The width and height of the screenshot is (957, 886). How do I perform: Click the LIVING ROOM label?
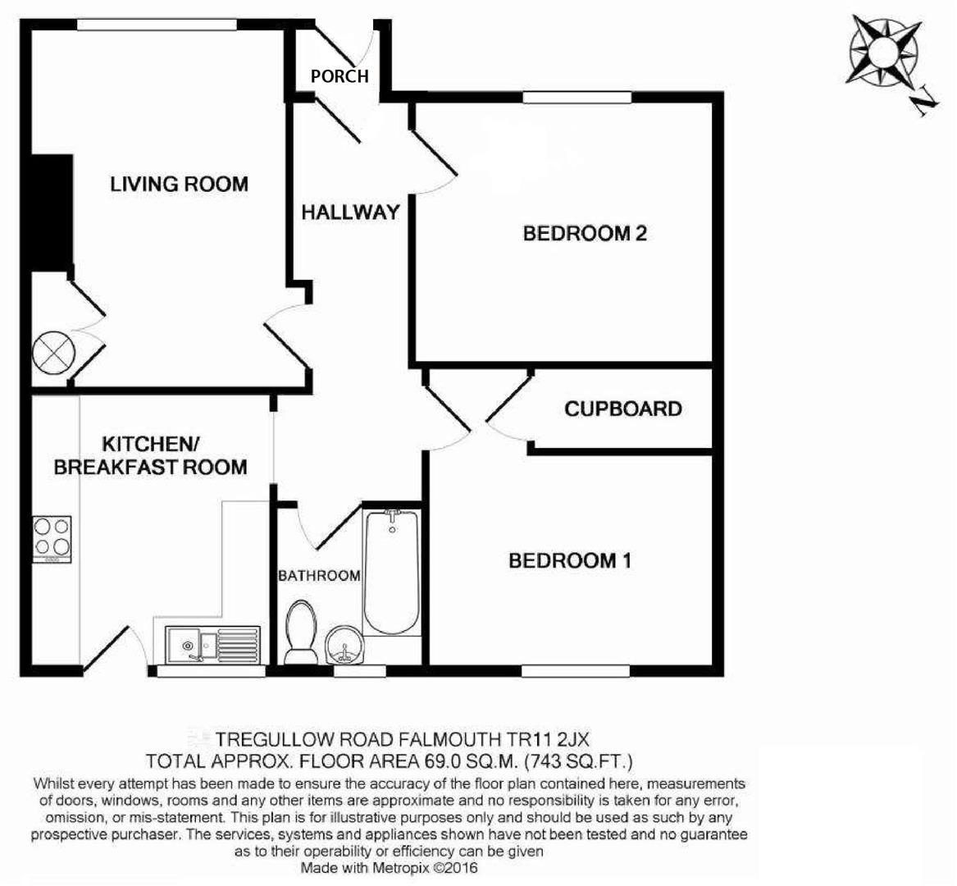click(179, 184)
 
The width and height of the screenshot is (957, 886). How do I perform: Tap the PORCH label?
click(340, 76)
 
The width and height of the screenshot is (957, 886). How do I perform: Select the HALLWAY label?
click(350, 212)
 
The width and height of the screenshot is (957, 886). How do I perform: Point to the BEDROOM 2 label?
click(585, 234)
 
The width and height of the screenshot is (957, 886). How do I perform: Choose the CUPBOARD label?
click(622, 409)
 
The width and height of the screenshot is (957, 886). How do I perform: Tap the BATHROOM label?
click(319, 576)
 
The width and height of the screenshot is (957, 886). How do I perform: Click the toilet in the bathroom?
click(301, 631)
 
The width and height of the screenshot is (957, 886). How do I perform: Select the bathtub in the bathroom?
click(391, 572)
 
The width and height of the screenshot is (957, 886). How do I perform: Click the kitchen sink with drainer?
click(212, 644)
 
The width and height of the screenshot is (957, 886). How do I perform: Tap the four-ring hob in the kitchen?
click(52, 539)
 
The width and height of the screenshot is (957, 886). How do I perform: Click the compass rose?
click(884, 53)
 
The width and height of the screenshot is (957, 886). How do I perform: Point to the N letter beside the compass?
click(924, 101)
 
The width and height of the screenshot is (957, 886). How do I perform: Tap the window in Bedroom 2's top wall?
click(577, 98)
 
